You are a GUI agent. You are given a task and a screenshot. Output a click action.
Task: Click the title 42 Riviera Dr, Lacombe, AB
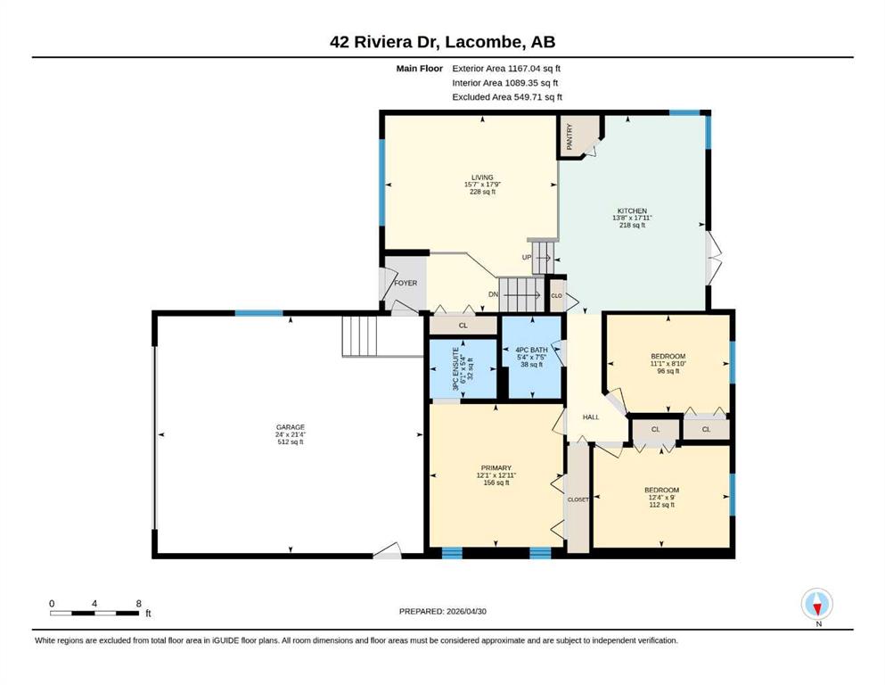[442, 42]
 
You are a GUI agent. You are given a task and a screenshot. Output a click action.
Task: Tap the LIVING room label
[482, 177]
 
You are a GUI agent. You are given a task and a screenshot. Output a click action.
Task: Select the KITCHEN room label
[632, 210]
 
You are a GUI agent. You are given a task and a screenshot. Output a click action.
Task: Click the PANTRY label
[570, 136]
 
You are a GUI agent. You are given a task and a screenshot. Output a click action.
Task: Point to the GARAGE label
[291, 427]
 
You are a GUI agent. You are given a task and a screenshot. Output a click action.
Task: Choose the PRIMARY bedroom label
[496, 468]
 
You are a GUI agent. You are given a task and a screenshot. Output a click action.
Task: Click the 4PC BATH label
[531, 351]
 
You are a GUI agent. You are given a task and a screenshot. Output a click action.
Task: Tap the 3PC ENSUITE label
[455, 369]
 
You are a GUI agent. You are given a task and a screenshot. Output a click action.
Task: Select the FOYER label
[406, 283]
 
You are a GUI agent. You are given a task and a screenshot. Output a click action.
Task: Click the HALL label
[591, 417]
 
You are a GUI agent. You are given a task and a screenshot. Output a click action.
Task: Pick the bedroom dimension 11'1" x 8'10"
[668, 364]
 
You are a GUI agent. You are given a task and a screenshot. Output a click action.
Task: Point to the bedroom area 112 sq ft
[661, 504]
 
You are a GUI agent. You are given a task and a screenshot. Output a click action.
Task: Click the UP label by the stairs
[527, 258]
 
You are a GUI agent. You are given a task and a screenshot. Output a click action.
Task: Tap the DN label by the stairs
[493, 294]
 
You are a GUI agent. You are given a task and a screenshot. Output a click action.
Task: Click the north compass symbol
[817, 604]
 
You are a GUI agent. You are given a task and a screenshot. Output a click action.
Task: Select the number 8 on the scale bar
[138, 604]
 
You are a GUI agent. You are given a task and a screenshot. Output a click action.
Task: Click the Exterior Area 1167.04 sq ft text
[506, 69]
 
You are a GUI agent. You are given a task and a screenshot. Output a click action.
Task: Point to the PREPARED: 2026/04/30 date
[442, 611]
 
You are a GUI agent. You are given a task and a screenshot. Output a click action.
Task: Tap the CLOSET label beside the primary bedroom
[578, 499]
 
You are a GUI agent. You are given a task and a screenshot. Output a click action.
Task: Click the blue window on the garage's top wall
[259, 313]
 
